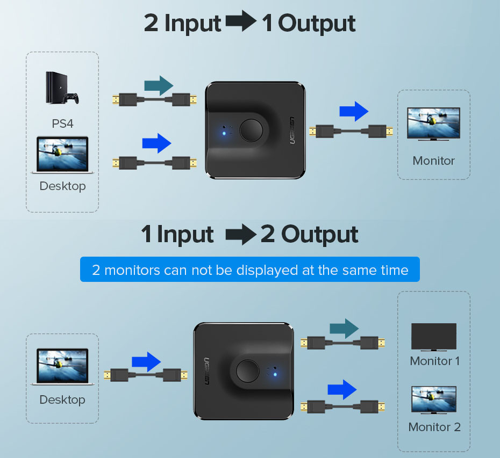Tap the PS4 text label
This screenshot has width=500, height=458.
click(x=62, y=123)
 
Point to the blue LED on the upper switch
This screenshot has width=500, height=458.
click(x=224, y=132)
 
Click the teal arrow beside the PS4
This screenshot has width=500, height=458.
click(x=159, y=85)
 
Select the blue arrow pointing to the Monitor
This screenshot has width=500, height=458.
click(x=354, y=112)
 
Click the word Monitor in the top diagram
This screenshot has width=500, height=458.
click(x=433, y=161)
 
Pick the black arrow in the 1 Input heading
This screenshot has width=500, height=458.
click(x=240, y=235)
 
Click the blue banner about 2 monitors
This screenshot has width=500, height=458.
click(x=249, y=270)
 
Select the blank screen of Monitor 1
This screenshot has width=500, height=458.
click(x=433, y=337)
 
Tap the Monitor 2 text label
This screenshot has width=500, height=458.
click(x=434, y=427)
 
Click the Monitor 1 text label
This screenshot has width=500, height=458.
click(x=434, y=361)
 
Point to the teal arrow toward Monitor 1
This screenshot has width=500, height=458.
click(x=344, y=329)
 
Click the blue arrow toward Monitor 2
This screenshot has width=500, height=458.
click(x=342, y=389)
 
